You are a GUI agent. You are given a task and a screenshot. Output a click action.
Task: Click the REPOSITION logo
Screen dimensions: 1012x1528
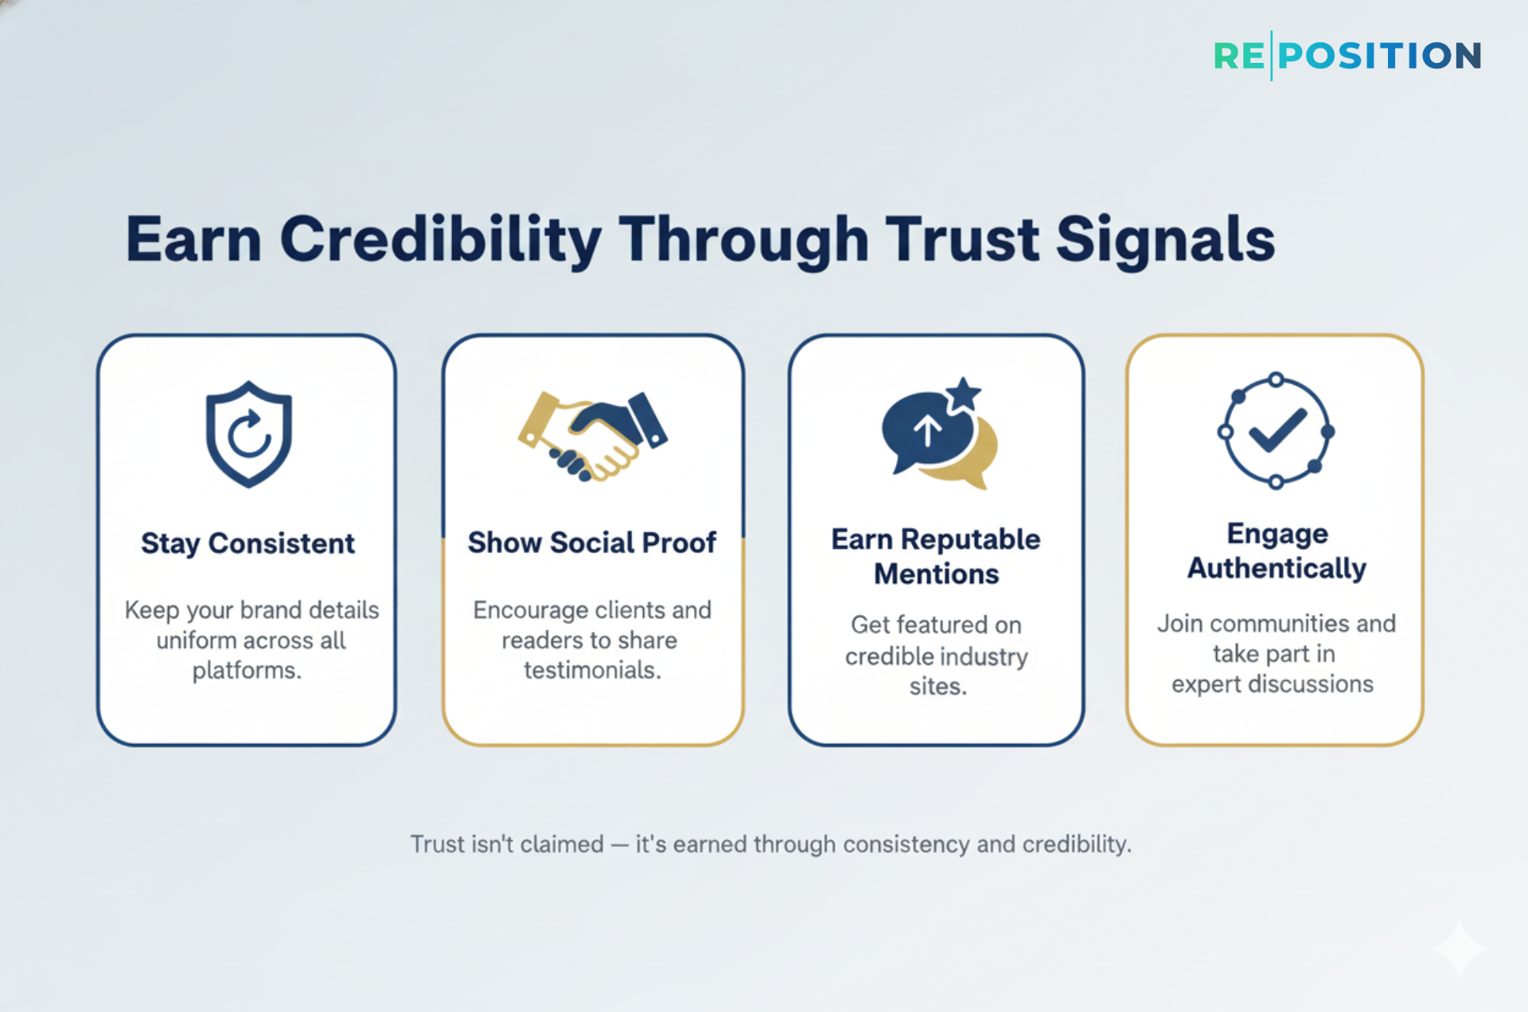[1347, 56]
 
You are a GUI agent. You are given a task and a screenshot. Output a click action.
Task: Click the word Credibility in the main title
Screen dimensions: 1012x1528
[440, 239]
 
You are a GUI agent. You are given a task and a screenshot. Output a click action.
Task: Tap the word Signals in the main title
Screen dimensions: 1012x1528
[1165, 239]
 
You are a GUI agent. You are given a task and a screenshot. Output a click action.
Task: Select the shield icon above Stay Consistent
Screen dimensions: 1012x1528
[249, 434]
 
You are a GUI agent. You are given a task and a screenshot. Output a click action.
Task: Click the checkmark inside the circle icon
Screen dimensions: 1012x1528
[1277, 430]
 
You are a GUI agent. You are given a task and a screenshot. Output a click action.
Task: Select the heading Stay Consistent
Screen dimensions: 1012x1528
[248, 543]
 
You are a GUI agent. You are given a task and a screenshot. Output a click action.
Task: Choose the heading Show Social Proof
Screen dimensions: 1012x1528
[592, 543]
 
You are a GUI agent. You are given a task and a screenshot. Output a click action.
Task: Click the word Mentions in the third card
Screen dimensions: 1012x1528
[936, 574]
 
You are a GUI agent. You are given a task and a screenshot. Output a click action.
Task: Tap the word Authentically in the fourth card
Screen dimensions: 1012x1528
[1277, 568]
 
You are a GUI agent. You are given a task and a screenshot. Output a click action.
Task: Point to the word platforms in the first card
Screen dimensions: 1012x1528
[247, 671]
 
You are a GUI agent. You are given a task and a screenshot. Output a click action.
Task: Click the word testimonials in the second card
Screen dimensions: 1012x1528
[592, 671]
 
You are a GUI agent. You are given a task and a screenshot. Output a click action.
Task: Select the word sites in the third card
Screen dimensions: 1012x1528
[937, 686]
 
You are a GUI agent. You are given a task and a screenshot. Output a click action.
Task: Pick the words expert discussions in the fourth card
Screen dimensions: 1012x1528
[1272, 684]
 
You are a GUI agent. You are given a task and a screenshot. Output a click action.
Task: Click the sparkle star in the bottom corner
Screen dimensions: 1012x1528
[1459, 949]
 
